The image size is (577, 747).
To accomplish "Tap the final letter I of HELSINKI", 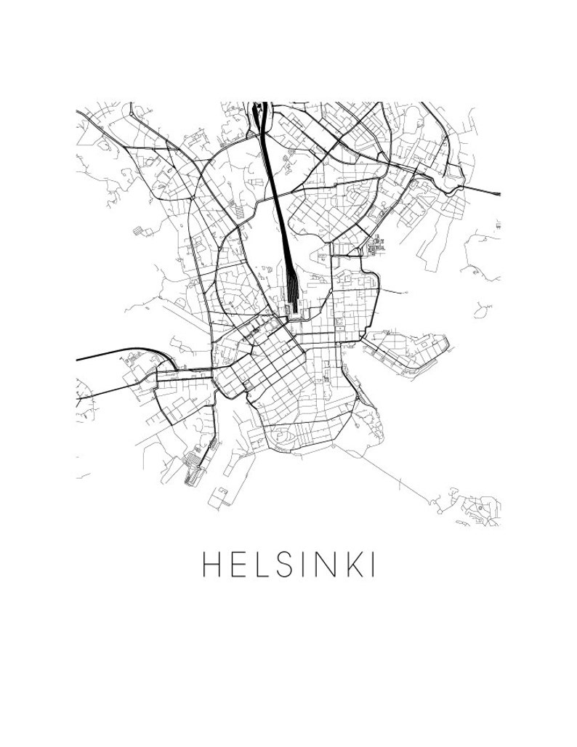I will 374,565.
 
